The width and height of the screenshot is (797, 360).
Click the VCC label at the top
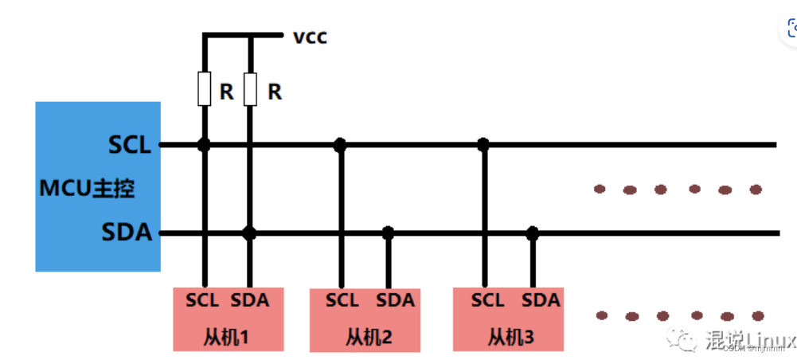tap(310, 37)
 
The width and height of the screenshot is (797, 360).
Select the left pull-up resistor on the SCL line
tap(204, 90)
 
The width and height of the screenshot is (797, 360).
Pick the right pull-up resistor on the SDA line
tap(250, 90)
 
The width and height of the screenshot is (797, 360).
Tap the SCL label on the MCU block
tap(129, 145)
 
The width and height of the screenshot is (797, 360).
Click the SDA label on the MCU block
tap(127, 233)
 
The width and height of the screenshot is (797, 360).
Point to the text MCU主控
tap(87, 190)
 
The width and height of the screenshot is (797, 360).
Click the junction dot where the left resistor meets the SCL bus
tap(204, 145)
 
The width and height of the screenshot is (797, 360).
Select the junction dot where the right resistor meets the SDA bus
tap(249, 233)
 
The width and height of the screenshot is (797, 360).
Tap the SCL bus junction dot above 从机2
tap(340, 145)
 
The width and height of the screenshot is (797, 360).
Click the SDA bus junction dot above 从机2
tap(388, 233)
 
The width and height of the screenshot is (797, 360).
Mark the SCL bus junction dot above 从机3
tap(482, 145)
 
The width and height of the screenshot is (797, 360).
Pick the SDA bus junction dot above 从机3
tap(533, 233)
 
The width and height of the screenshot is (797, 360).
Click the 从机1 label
tap(227, 336)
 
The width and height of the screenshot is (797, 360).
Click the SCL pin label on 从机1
tap(202, 300)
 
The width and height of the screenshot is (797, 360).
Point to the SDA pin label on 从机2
tap(396, 300)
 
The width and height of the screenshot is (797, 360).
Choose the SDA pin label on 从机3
tap(541, 300)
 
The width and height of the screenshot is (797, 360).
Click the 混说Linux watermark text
tap(748, 339)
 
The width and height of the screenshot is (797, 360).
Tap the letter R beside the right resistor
tap(275, 92)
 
